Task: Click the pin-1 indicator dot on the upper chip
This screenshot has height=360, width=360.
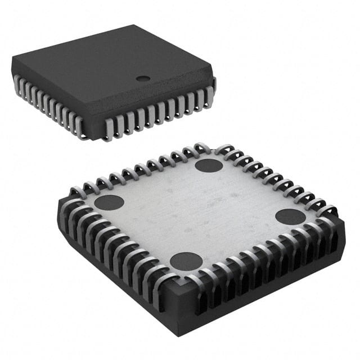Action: [x=144, y=79]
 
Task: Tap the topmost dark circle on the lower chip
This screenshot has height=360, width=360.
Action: [x=209, y=165]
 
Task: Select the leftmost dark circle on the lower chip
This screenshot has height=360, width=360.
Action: [x=109, y=202]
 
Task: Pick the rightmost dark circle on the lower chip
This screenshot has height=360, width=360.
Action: [x=291, y=217]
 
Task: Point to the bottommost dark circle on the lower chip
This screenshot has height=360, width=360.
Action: [x=186, y=261]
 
